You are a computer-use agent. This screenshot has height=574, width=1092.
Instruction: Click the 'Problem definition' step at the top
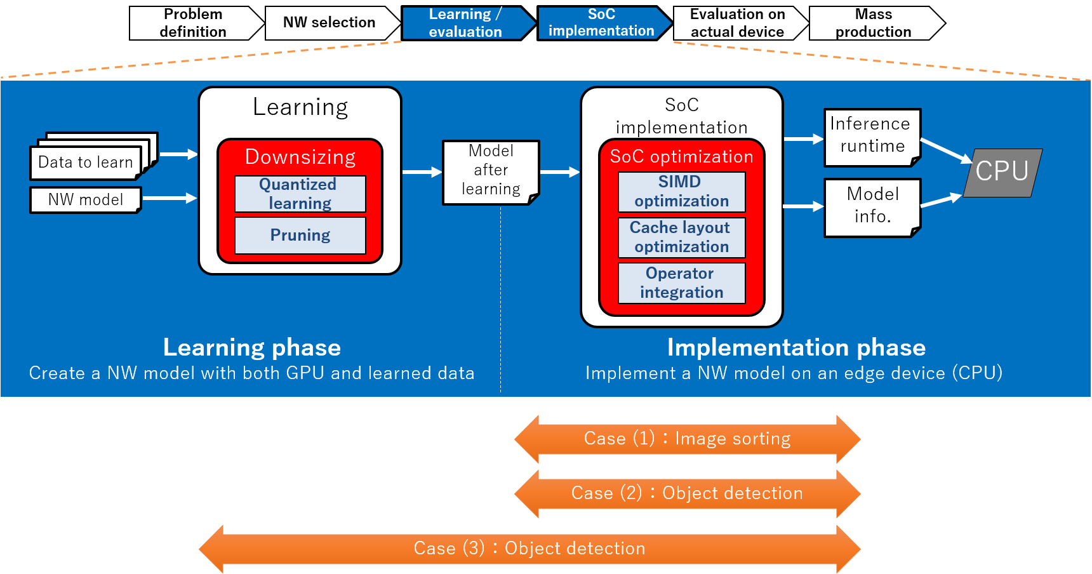(194, 23)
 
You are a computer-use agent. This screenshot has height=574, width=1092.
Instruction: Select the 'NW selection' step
(329, 23)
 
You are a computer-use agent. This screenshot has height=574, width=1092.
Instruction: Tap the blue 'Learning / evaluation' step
(465, 23)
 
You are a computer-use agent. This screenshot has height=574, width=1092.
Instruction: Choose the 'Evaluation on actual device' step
(737, 23)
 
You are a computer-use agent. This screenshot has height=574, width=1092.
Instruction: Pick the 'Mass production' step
(874, 23)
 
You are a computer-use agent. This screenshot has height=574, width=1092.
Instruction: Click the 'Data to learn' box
(86, 163)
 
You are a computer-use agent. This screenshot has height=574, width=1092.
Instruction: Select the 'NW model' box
(86, 200)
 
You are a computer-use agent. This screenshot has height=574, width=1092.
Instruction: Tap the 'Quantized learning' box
(300, 194)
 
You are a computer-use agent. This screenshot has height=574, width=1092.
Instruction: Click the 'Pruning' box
(300, 236)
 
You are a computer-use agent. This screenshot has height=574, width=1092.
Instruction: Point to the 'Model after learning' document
(491, 171)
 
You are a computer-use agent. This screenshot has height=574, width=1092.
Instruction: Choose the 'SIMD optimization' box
(681, 192)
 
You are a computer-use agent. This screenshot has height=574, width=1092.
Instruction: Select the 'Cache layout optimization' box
(681, 237)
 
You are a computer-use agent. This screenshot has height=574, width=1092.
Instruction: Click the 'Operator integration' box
(681, 283)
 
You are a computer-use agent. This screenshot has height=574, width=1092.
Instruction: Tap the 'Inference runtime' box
(872, 136)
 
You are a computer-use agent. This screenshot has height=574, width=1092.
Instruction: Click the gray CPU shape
(1002, 172)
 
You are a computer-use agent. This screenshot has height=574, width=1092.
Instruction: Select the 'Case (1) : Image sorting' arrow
(687, 439)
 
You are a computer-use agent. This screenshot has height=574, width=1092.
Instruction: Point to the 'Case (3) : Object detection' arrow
(529, 549)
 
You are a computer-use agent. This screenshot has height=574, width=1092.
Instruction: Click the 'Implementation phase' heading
(796, 348)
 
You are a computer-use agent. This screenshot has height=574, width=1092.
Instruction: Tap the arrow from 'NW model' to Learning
(170, 199)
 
